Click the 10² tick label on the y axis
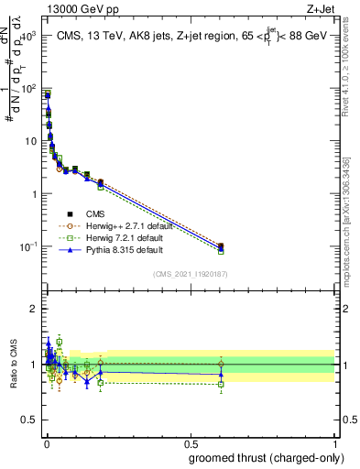coord(29,89)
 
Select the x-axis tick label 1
coord(336,443)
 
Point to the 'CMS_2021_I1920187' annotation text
coord(190,275)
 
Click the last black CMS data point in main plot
coord(221,245)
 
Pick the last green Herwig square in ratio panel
coord(221,384)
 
